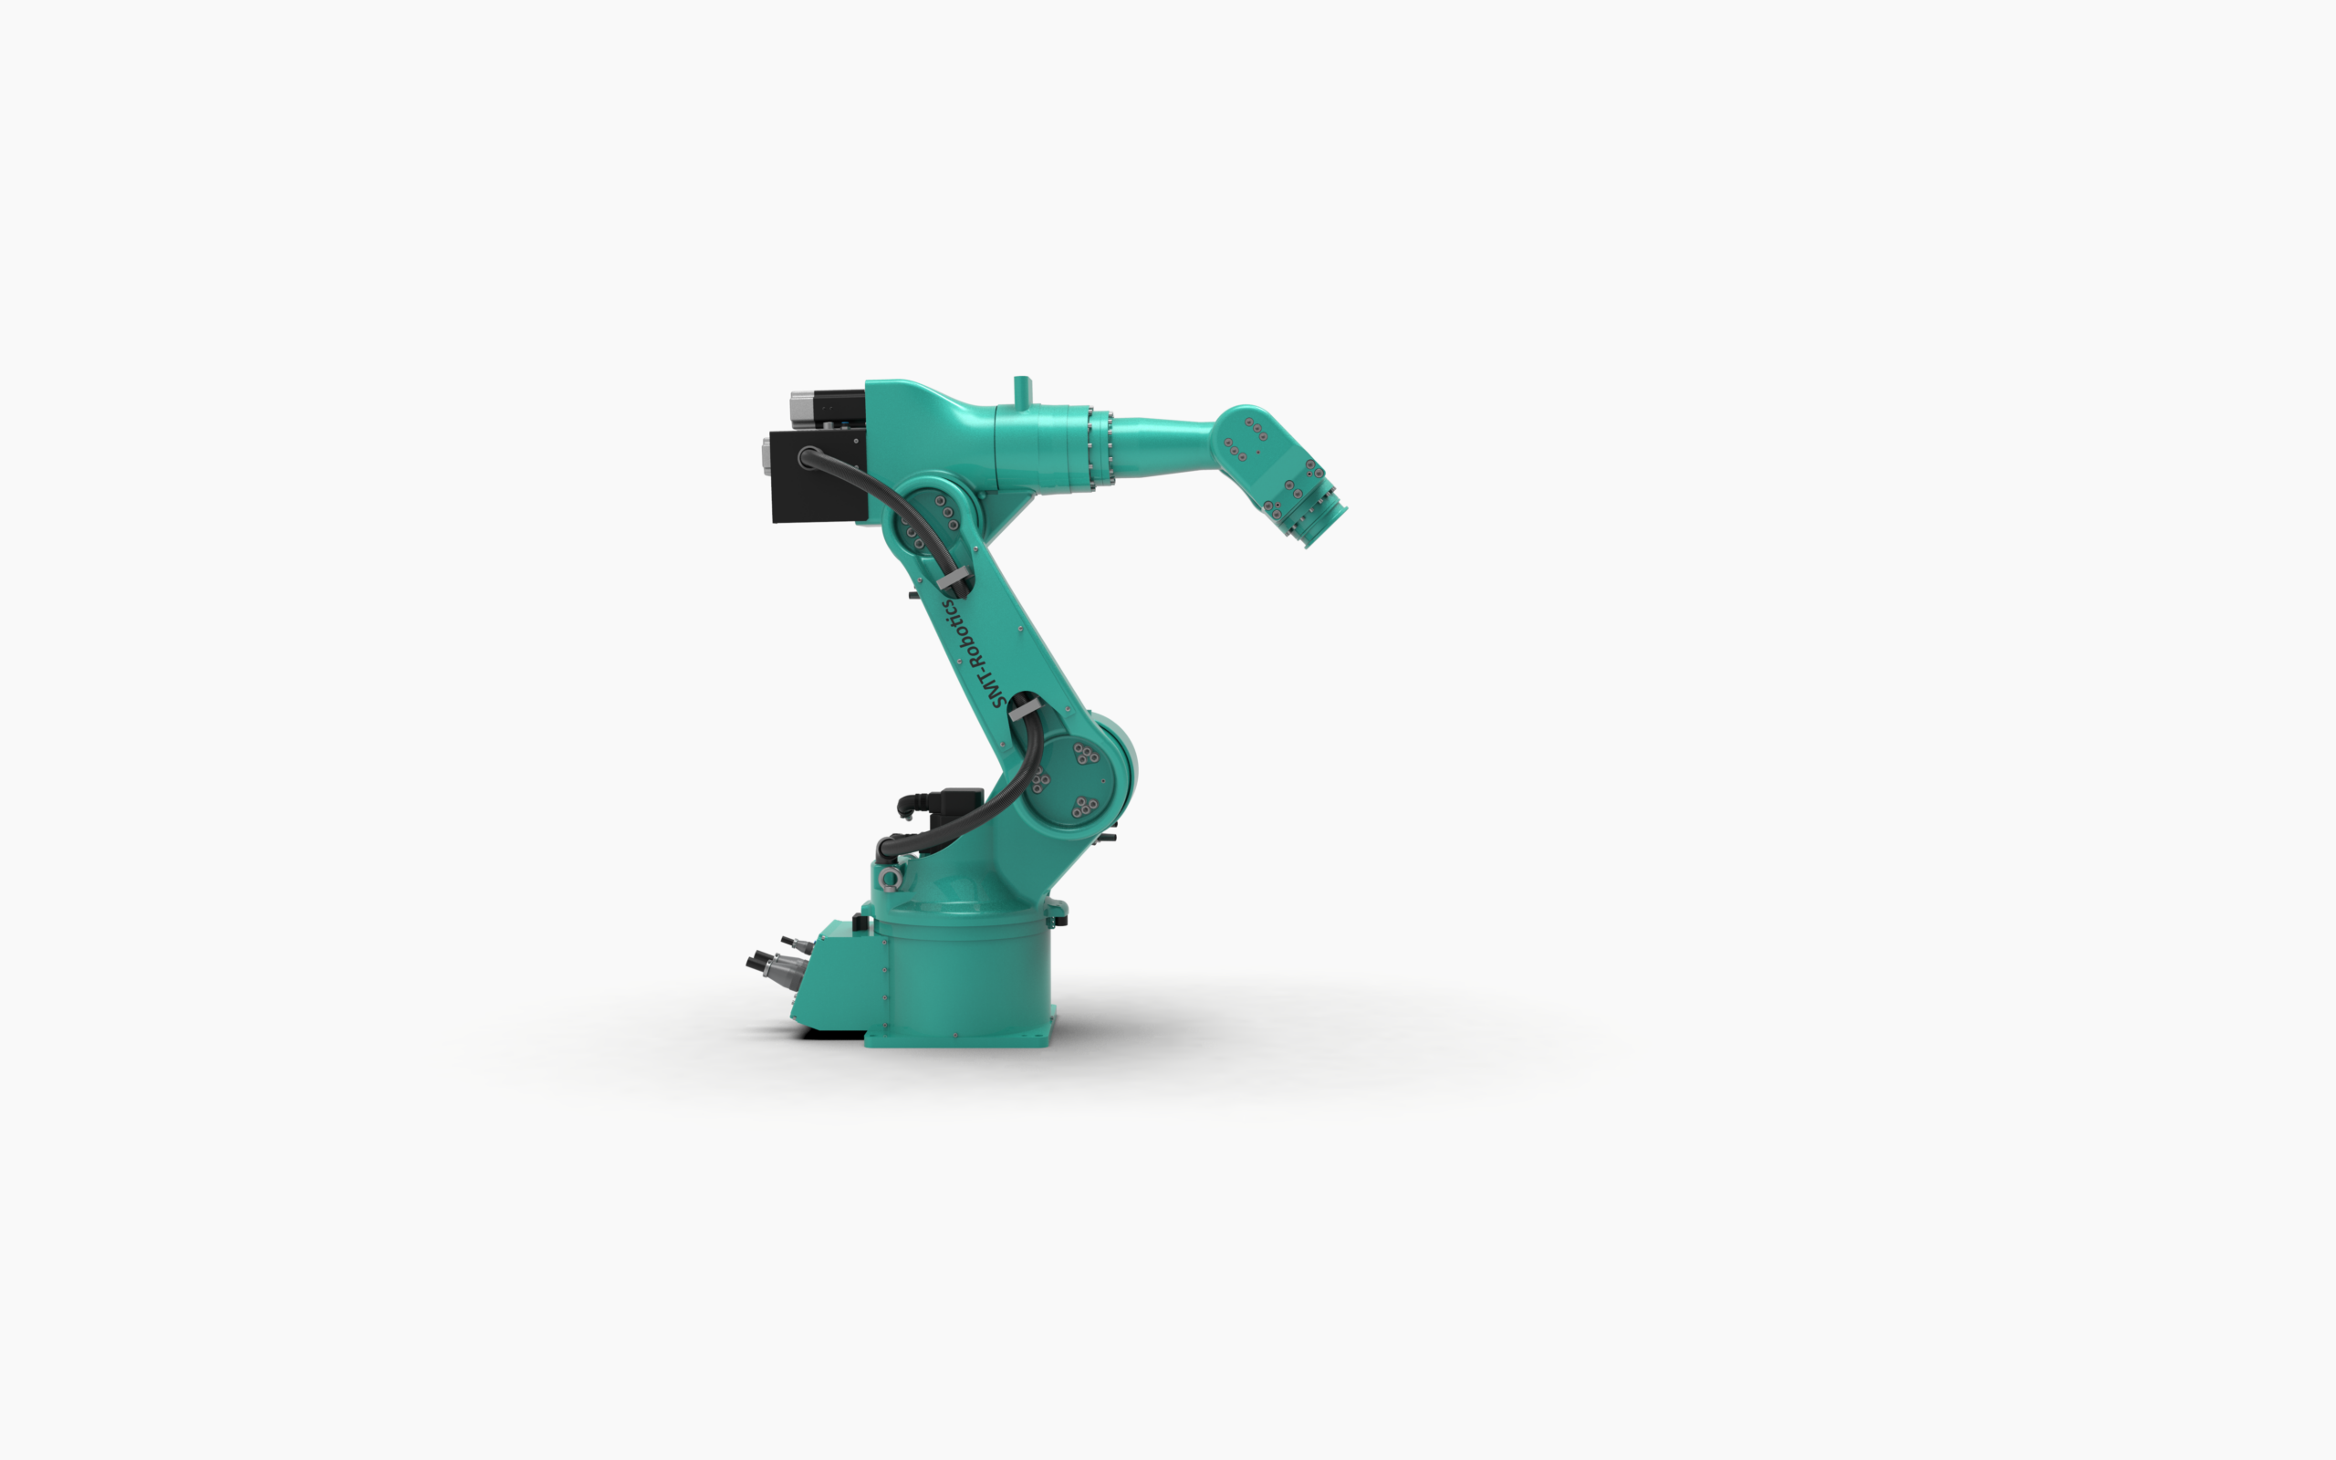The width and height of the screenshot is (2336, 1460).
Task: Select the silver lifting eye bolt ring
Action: pyautogui.click(x=889, y=877)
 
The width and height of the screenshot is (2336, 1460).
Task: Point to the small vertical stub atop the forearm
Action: pyautogui.click(x=1022, y=391)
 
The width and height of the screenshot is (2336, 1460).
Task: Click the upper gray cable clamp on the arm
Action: pyautogui.click(x=954, y=582)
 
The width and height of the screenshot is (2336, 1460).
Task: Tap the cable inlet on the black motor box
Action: pyautogui.click(x=808, y=457)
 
